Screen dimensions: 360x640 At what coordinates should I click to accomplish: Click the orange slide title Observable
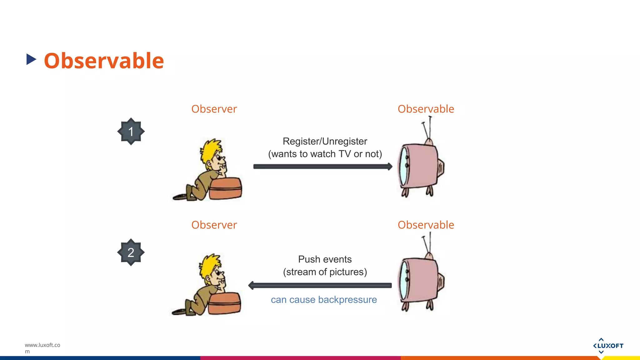coord(104,61)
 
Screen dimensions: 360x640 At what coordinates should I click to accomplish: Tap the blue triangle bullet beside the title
coord(31,59)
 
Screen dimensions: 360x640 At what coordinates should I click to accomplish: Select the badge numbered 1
coord(131,132)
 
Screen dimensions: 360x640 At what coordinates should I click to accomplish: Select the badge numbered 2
coord(131,252)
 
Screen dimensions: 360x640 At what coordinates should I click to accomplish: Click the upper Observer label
coord(214,109)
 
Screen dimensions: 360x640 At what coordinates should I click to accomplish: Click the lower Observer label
coord(214,225)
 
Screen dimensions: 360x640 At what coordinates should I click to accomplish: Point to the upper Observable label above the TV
coord(426,109)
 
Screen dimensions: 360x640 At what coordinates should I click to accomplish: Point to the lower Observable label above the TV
coord(426,225)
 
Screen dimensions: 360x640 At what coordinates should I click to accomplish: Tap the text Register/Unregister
coord(325,141)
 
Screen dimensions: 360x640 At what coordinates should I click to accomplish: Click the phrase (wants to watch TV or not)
coord(325,154)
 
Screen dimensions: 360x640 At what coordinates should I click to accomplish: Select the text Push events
coord(325,259)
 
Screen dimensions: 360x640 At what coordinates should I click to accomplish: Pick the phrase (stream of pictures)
coord(325,272)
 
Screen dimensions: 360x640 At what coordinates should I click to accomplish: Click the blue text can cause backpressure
coord(324,300)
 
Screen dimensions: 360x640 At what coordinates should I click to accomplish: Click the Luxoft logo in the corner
coord(608,346)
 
